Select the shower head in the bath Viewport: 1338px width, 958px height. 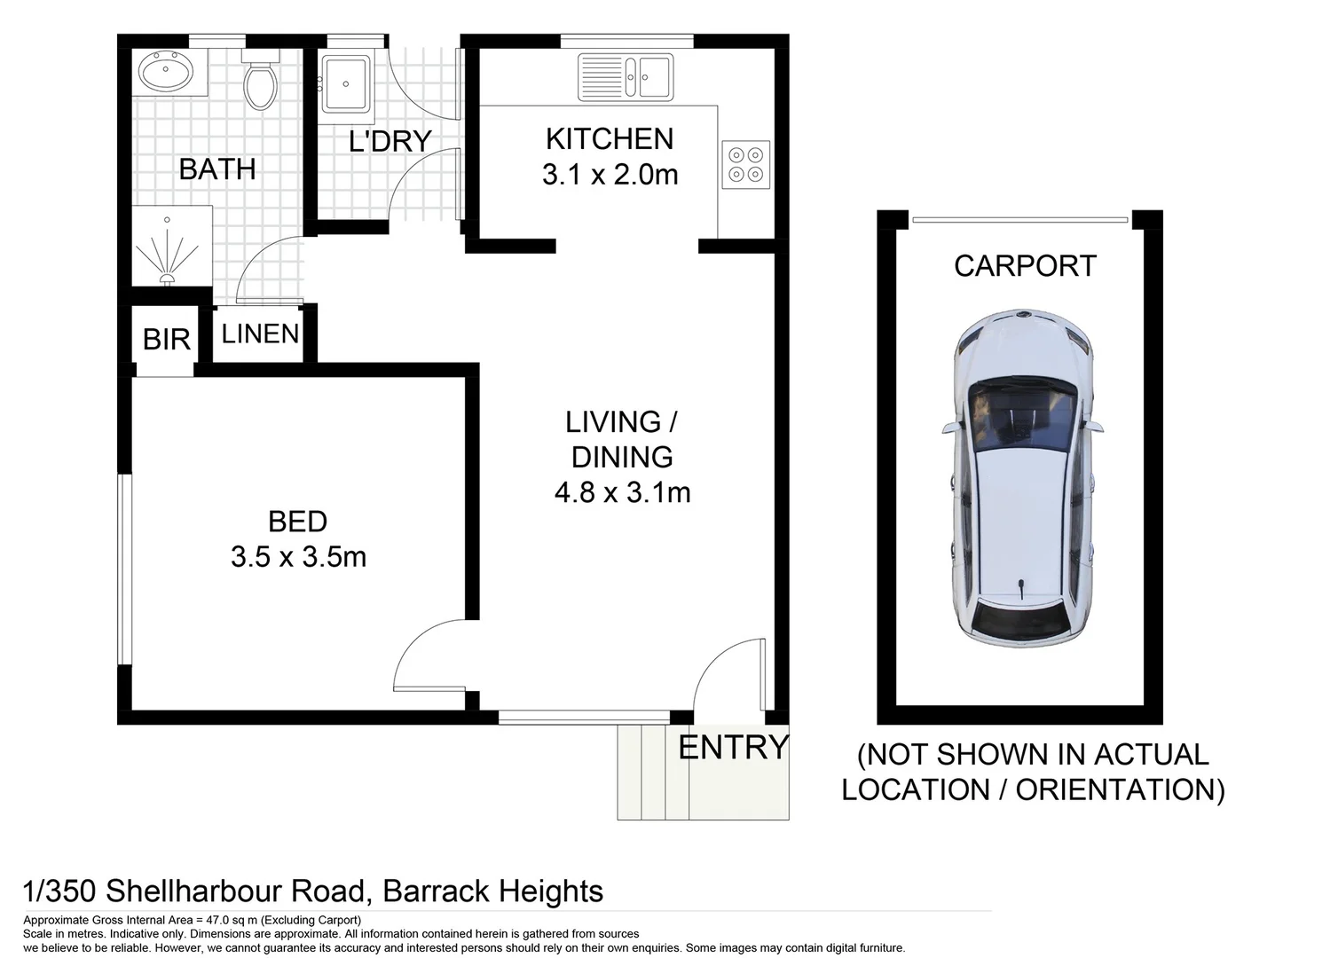coord(167,279)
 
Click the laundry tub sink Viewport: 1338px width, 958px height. coord(346,84)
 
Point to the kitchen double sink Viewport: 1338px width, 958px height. coord(626,76)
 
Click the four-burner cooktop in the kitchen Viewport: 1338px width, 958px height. coord(745,164)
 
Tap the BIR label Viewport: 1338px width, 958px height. coord(166,339)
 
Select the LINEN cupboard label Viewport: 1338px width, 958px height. coord(260,334)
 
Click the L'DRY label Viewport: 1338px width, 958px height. coord(390,141)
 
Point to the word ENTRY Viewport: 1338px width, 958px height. coord(733,748)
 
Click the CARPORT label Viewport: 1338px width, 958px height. coord(1025,265)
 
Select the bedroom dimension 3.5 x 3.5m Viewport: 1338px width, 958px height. coord(298,557)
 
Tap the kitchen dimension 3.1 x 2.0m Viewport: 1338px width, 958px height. coord(610,175)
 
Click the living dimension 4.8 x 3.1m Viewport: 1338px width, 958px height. coord(622,492)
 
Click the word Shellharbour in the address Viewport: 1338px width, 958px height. coord(235,891)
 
